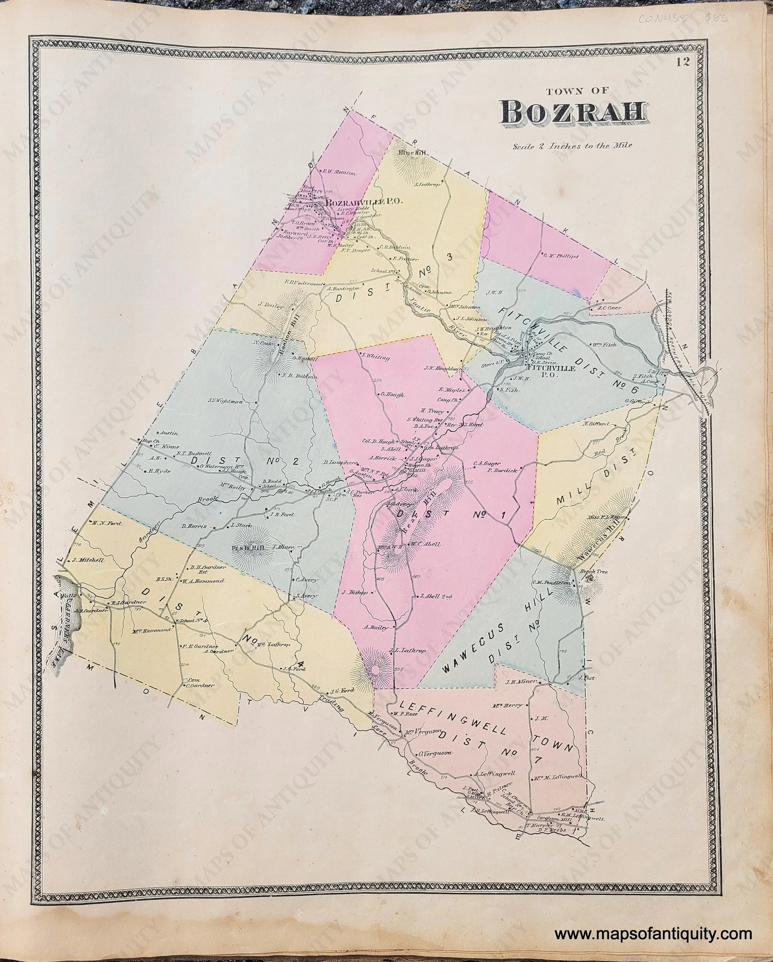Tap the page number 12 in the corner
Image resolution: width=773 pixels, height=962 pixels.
[x=683, y=63]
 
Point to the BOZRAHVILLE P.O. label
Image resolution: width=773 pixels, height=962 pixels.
[x=365, y=202]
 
